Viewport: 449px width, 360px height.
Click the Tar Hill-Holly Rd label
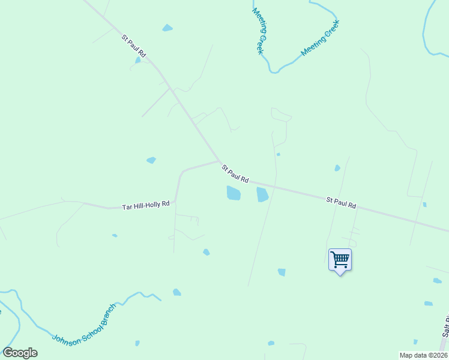tap(146, 205)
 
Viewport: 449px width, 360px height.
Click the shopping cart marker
tap(340, 260)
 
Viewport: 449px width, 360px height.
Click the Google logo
tap(20, 353)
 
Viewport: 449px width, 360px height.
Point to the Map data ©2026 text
tap(423, 355)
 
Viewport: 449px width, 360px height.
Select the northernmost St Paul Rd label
tap(134, 46)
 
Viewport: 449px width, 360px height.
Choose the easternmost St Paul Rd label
tap(341, 202)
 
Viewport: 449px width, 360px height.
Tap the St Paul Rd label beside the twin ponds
tap(235, 173)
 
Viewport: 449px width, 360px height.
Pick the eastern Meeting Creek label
tap(321, 38)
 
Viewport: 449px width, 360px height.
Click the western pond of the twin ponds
tap(233, 193)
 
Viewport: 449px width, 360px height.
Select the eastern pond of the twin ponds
tap(262, 194)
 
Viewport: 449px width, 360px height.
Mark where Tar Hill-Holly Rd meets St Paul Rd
tap(219, 161)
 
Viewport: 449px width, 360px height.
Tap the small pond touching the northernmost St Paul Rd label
tap(138, 59)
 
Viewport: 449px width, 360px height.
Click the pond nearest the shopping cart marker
tap(282, 272)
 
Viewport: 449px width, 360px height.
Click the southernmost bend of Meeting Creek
tap(274, 71)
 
